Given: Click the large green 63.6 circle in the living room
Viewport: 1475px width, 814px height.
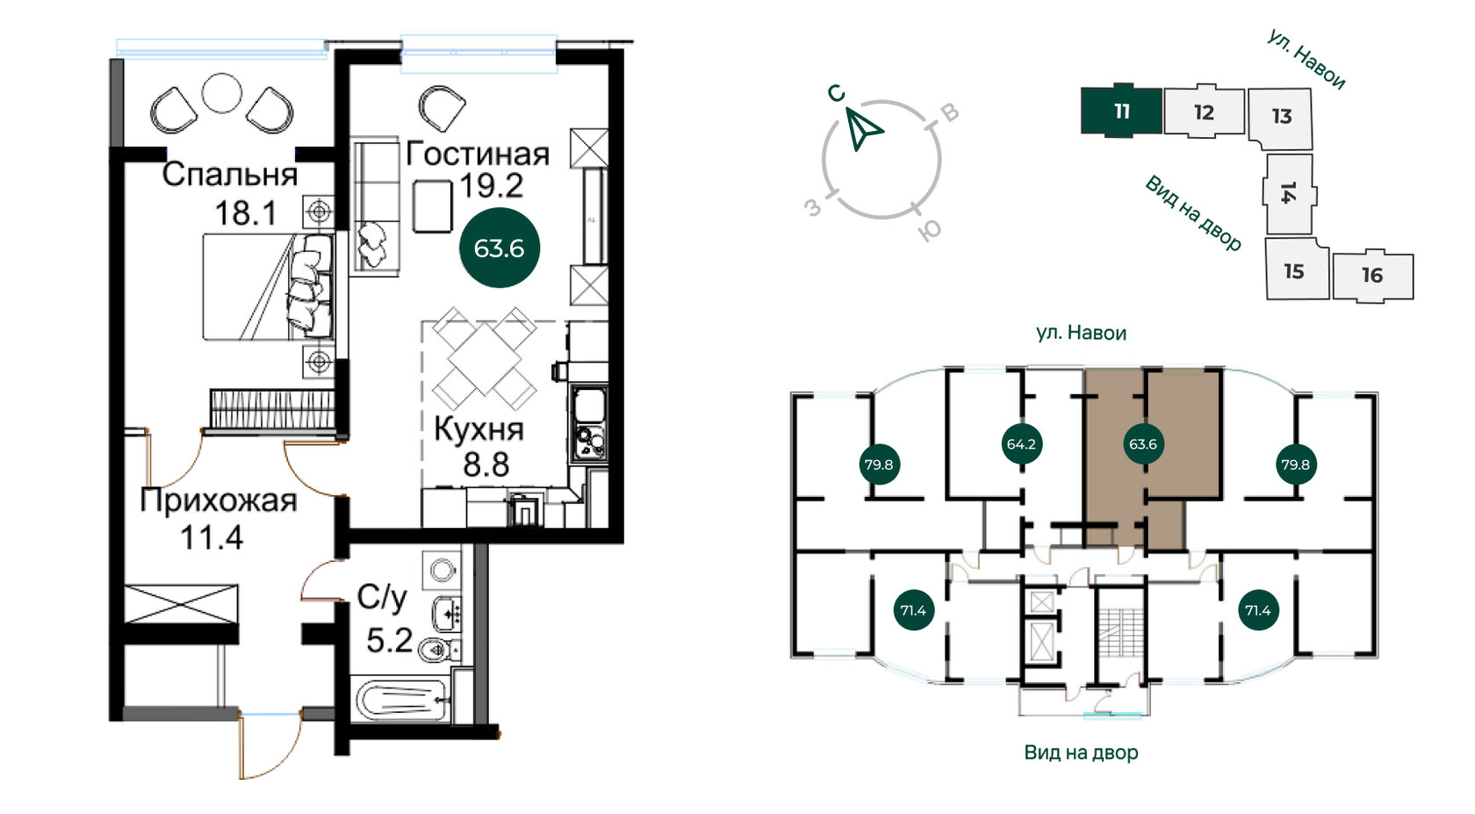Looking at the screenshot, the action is (x=499, y=249).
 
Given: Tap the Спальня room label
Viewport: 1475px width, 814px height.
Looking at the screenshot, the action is (x=230, y=176).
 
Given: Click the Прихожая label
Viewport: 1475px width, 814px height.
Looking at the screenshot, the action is (x=218, y=501).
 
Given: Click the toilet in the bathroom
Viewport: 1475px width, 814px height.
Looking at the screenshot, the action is (x=435, y=650).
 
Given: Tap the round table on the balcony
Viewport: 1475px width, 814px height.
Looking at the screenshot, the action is (x=222, y=93).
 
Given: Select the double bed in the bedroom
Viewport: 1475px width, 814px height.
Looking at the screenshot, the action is (x=267, y=286).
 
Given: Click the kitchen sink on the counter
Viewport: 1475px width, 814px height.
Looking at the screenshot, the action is (x=589, y=404).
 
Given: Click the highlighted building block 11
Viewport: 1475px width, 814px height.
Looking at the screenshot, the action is (x=1121, y=111).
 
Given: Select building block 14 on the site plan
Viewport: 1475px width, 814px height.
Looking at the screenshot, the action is (x=1289, y=194).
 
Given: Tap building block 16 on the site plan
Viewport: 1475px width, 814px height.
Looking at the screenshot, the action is (x=1373, y=276).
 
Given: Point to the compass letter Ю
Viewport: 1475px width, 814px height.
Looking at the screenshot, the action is (x=930, y=230).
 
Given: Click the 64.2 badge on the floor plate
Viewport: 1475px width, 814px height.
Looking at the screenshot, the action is (x=1021, y=444).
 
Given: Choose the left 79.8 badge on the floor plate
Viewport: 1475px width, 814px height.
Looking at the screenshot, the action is (x=879, y=465).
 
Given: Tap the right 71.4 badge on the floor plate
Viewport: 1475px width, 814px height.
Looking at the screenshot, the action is (x=1257, y=610).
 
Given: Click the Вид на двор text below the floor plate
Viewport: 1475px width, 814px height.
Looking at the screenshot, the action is (x=1082, y=753).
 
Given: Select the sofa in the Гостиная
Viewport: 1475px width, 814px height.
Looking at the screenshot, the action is (x=376, y=207).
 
